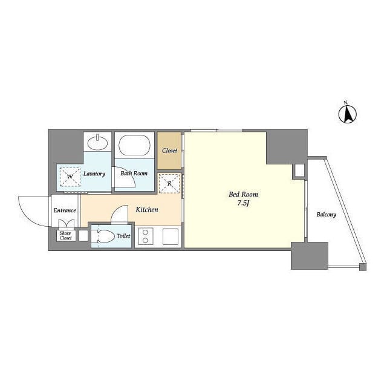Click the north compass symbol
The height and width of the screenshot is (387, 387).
348,114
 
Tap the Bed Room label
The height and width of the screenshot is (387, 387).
243,194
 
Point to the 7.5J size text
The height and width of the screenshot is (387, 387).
243,203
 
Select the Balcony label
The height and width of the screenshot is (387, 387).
327,215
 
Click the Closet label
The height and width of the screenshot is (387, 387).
169,151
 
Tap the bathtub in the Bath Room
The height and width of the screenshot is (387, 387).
134,145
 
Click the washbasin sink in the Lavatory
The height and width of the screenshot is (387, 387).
98,143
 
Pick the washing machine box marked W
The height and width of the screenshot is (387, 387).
70,177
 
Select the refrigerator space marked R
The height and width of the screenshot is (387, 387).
169,183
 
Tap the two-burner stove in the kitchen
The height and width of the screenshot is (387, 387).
146,236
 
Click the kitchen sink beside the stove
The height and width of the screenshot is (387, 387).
171,236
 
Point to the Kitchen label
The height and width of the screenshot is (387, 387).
147,210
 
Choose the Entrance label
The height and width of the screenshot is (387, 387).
65,210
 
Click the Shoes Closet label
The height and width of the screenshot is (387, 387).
65,235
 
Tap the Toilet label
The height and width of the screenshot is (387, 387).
123,236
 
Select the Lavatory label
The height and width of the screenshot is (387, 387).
94,174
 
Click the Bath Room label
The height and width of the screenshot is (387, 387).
134,174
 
